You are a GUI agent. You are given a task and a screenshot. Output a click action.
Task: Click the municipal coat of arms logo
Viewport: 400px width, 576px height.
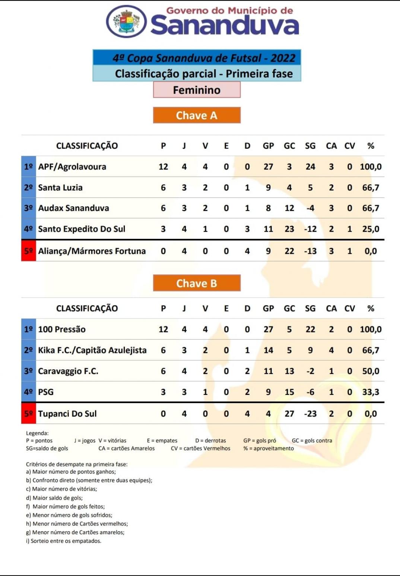click(x=126, y=21)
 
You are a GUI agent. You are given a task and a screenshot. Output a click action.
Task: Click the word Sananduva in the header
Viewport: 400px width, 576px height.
click(x=225, y=25)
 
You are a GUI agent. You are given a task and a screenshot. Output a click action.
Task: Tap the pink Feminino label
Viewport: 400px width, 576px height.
click(x=197, y=90)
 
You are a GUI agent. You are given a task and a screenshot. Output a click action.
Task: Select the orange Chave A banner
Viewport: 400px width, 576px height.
click(x=197, y=115)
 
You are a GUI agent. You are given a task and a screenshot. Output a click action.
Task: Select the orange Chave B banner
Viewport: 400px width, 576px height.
click(x=197, y=283)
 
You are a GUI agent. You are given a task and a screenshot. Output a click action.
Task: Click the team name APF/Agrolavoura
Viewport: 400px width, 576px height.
click(x=72, y=167)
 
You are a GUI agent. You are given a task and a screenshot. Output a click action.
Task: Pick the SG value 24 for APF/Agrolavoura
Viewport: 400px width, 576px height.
click(x=310, y=167)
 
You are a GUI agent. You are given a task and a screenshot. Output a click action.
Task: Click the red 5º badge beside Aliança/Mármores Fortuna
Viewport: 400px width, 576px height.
click(x=29, y=251)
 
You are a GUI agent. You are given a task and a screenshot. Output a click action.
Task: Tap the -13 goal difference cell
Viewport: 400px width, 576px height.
click(x=310, y=251)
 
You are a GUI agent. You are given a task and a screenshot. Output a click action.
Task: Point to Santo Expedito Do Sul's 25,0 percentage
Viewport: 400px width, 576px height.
click(x=371, y=229)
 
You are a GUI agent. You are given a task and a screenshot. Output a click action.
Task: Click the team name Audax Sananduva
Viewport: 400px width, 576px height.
click(x=74, y=208)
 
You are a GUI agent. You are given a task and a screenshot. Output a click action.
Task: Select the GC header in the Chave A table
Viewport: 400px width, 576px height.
click(x=289, y=146)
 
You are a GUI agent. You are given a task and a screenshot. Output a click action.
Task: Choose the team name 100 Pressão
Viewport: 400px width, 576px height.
click(x=62, y=329)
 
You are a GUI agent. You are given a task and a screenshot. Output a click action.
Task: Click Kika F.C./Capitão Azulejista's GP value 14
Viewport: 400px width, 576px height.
click(x=268, y=350)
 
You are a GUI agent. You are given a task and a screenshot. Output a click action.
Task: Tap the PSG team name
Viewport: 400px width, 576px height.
click(x=46, y=392)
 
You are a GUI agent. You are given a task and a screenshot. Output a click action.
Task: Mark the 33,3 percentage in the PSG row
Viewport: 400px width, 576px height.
click(x=371, y=392)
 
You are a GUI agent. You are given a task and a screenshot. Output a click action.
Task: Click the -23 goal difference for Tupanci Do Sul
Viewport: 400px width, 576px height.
click(x=310, y=414)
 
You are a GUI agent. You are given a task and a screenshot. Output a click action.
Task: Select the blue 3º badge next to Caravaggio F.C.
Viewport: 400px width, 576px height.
click(x=29, y=371)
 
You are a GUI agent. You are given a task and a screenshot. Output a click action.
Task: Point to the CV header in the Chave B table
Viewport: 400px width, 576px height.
click(x=349, y=308)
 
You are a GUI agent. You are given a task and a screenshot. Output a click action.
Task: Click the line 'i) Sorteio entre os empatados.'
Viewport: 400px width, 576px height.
click(x=64, y=541)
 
